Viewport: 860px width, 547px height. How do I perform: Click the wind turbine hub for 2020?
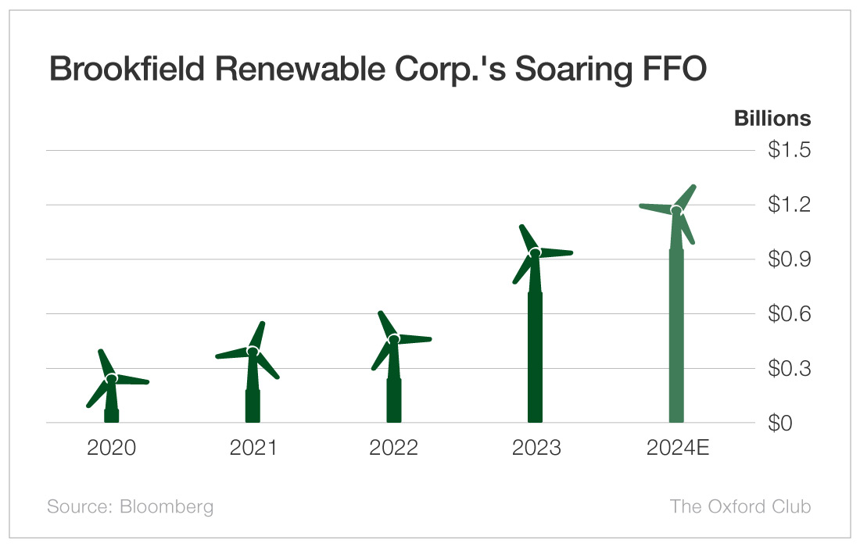(112, 378)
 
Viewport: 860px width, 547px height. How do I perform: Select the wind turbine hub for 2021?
(253, 352)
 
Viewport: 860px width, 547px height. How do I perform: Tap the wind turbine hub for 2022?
(394, 339)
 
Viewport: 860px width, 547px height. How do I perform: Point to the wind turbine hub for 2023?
(536, 252)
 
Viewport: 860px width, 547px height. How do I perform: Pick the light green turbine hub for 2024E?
(676, 210)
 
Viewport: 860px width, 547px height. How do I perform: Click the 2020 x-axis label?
(111, 448)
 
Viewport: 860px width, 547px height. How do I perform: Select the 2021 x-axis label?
(253, 448)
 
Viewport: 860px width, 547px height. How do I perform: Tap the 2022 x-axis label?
(394, 448)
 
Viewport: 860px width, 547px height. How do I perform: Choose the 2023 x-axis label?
(536, 448)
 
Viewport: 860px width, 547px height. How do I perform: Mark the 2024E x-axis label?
(677, 448)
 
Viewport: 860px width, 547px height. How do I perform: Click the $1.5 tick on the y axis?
(790, 150)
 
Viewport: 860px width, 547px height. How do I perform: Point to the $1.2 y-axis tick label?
(790, 205)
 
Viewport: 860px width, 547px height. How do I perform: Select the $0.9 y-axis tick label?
(790, 259)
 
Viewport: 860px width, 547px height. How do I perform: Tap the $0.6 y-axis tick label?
(790, 314)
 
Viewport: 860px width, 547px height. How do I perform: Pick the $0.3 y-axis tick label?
(790, 369)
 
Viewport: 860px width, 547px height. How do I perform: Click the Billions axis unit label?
(772, 119)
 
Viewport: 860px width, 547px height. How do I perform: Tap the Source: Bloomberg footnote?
(130, 506)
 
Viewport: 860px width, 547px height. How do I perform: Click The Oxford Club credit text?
(740, 506)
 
